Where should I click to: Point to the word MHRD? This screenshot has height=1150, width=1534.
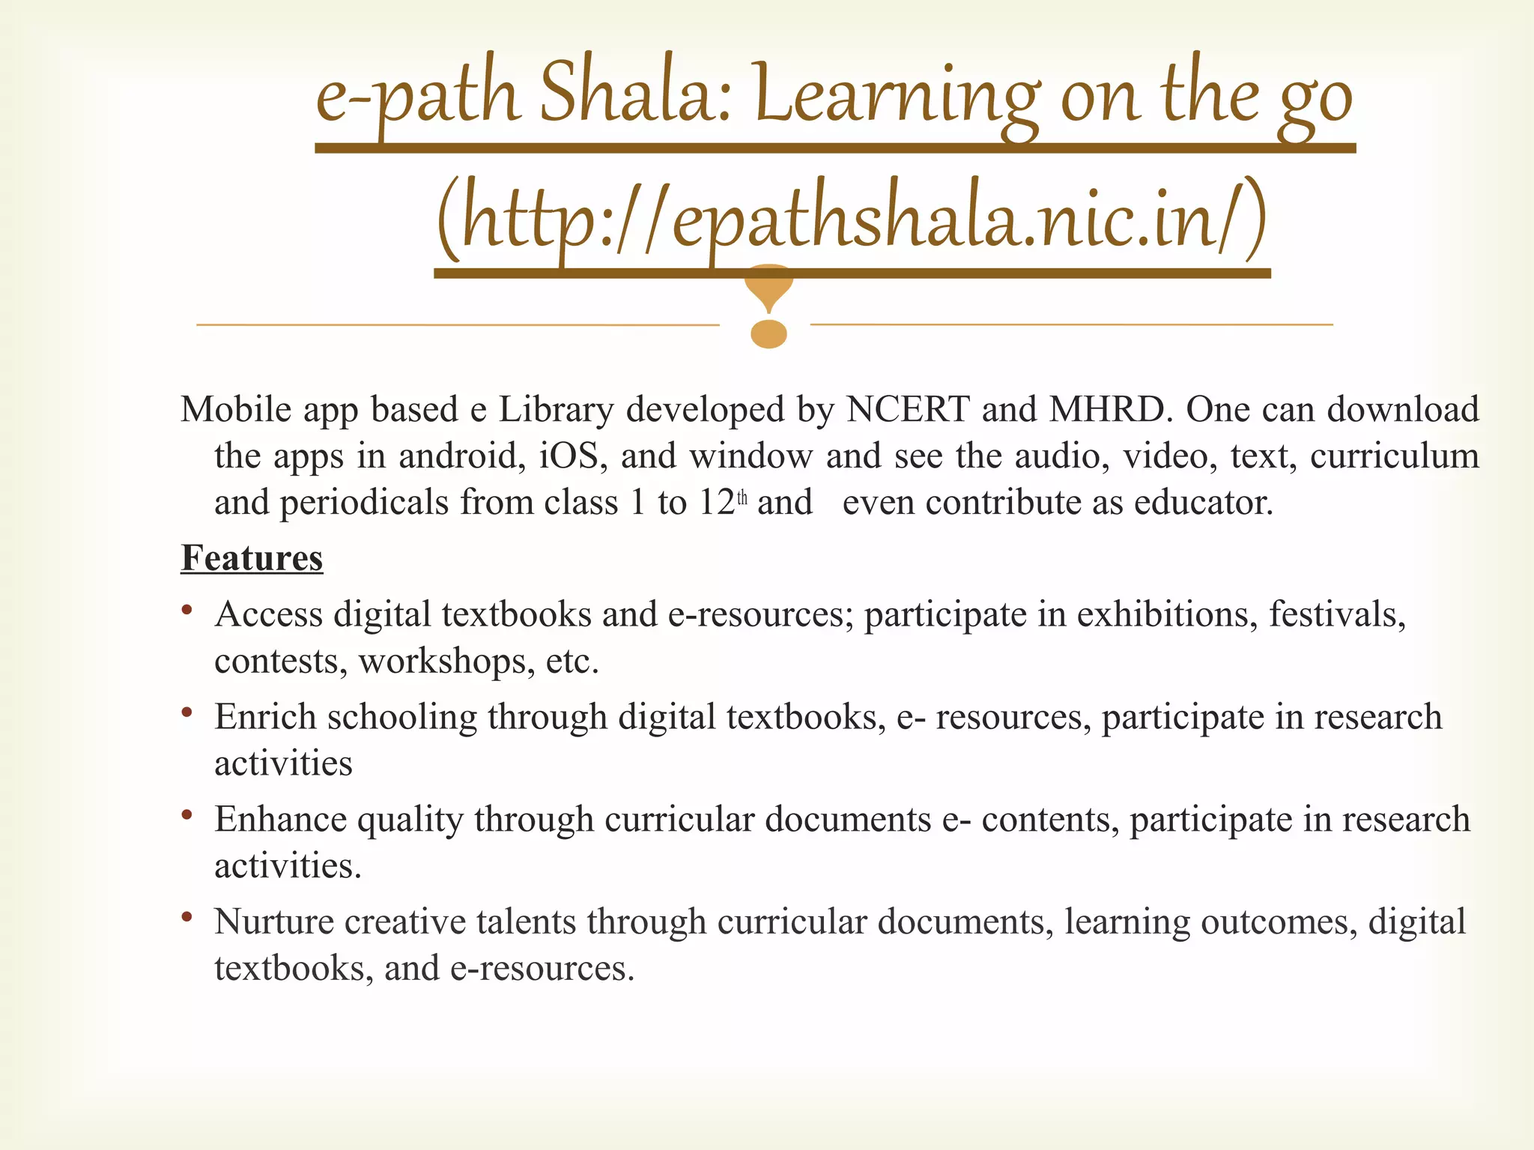(x=1106, y=410)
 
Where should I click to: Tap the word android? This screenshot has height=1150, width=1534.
(x=462, y=456)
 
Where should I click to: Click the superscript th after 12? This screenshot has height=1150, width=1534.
(x=742, y=497)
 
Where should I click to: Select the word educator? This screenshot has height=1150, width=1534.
(x=1203, y=503)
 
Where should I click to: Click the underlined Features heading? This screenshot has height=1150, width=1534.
(x=252, y=558)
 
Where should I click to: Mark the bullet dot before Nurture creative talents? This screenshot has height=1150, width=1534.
(x=187, y=917)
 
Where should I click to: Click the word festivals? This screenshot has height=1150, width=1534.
(x=1337, y=614)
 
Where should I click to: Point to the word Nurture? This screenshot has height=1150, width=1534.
(x=273, y=921)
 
